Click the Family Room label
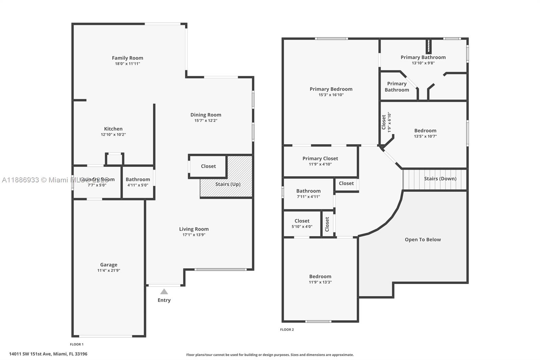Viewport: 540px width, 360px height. click(x=127, y=58)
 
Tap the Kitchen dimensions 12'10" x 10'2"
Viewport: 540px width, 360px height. click(x=113, y=134)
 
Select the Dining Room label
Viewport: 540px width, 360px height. click(x=206, y=115)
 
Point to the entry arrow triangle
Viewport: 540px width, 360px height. click(x=164, y=291)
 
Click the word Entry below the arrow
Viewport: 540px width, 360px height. click(x=164, y=300)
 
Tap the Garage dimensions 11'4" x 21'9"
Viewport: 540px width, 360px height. click(x=109, y=271)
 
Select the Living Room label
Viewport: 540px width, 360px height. click(x=194, y=229)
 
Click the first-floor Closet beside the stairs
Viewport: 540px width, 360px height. click(x=208, y=166)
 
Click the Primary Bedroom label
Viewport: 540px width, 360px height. click(x=331, y=89)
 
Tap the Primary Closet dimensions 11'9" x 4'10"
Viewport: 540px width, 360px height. click(x=320, y=164)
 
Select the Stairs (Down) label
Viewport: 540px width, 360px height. click(x=440, y=179)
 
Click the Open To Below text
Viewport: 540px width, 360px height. click(x=423, y=239)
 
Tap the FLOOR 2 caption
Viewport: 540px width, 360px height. click(x=287, y=330)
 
